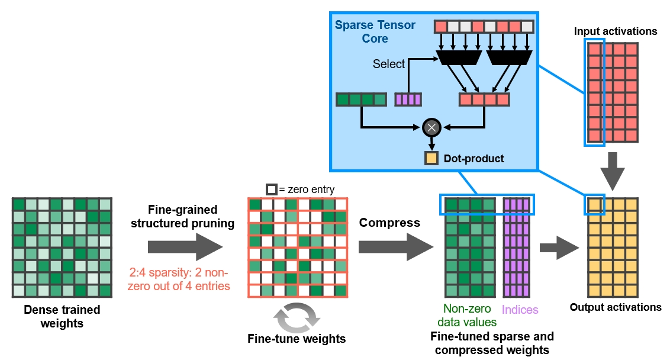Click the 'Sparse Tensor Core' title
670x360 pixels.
(375, 31)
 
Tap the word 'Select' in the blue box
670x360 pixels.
(388, 64)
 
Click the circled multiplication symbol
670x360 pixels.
(431, 127)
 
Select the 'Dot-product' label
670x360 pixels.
(474, 159)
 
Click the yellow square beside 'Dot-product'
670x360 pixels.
(431, 158)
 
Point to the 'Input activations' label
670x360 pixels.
(616, 31)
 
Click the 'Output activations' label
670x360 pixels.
(616, 307)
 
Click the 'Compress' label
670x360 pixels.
(389, 223)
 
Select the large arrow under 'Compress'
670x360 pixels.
(396, 247)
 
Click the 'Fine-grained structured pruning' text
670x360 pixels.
(182, 216)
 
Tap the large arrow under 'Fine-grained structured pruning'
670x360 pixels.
(185, 247)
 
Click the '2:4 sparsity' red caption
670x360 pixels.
(179, 279)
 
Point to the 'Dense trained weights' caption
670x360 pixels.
(62, 316)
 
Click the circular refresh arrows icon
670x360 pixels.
(297, 318)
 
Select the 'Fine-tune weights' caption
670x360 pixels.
(297, 339)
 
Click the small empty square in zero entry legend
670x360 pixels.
(271, 189)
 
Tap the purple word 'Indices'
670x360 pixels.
(520, 310)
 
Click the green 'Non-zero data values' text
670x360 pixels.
(467, 315)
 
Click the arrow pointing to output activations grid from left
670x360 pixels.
(559, 247)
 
